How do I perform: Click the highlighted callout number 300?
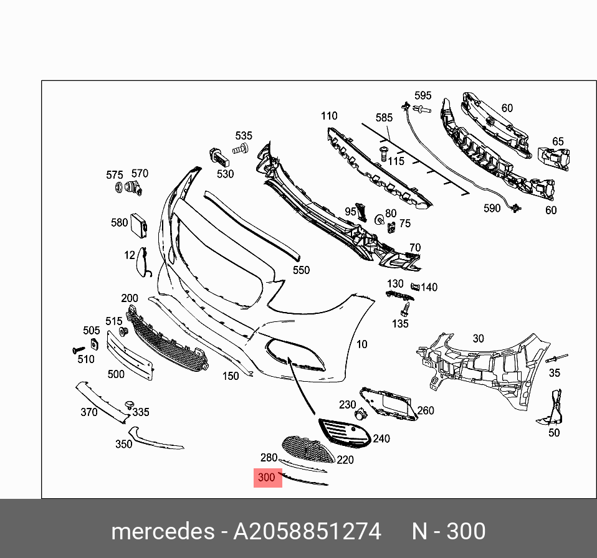(267, 478)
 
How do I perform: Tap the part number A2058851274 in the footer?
(307, 531)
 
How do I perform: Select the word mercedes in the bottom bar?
(163, 531)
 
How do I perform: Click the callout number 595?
(423, 95)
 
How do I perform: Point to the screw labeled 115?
(383, 154)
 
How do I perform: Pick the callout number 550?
(301, 270)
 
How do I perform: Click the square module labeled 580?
(139, 225)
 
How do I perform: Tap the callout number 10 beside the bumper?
(361, 344)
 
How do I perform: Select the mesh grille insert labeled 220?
(308, 450)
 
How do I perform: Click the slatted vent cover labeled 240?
(345, 433)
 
